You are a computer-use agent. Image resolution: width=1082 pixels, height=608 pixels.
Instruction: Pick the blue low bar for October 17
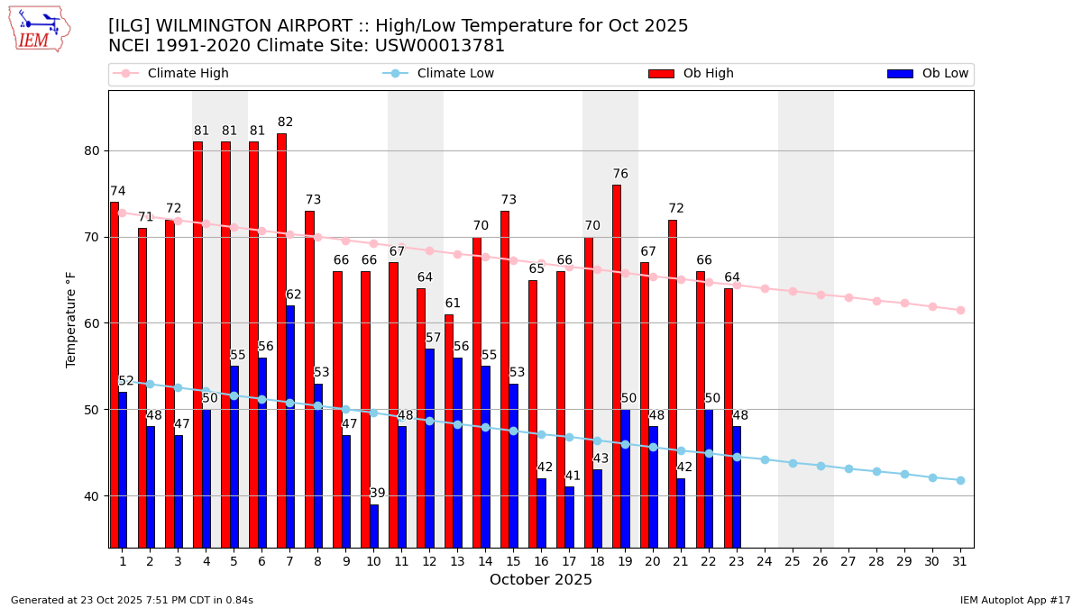(x=570, y=517)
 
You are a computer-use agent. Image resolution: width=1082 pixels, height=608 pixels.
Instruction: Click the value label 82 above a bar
(x=285, y=123)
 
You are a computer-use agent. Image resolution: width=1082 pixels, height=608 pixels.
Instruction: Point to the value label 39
(x=378, y=494)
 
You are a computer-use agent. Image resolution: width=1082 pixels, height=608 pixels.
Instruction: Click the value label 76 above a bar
(x=620, y=175)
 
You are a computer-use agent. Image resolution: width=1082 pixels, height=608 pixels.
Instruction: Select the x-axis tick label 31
(x=960, y=561)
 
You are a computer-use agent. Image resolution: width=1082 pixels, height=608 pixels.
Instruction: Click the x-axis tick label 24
(x=765, y=561)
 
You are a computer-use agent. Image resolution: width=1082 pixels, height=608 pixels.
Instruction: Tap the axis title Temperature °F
(x=72, y=319)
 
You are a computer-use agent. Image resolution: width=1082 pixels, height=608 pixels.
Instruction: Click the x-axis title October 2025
(x=541, y=580)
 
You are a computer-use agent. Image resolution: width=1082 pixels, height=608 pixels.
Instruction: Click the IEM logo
(x=39, y=29)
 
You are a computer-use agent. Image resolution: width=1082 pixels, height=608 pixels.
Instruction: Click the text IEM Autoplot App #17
(x=1015, y=600)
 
